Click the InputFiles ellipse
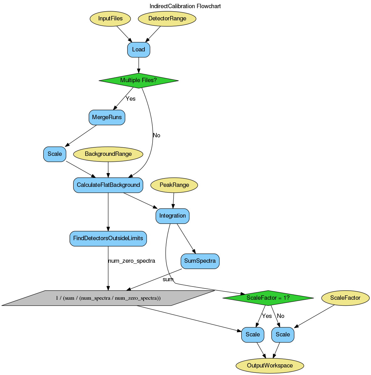click(x=110, y=18)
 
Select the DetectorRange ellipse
click(x=167, y=18)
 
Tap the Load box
click(x=138, y=50)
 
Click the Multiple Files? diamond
click(x=138, y=80)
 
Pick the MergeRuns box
click(x=107, y=117)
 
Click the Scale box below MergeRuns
click(x=55, y=154)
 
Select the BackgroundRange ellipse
click(x=108, y=154)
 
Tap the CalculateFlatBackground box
click(x=108, y=185)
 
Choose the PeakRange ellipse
click(x=174, y=185)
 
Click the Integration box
click(x=172, y=216)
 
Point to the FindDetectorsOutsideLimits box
click(x=108, y=238)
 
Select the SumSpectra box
click(x=200, y=261)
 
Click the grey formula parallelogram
click(x=108, y=298)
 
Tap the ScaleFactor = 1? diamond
click(x=268, y=298)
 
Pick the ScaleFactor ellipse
click(x=345, y=298)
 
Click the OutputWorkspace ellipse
click(x=270, y=366)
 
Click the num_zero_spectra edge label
click(x=132, y=261)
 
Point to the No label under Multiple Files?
click(x=156, y=135)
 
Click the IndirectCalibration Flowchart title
click(x=185, y=6)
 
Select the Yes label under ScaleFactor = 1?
click(x=267, y=316)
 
